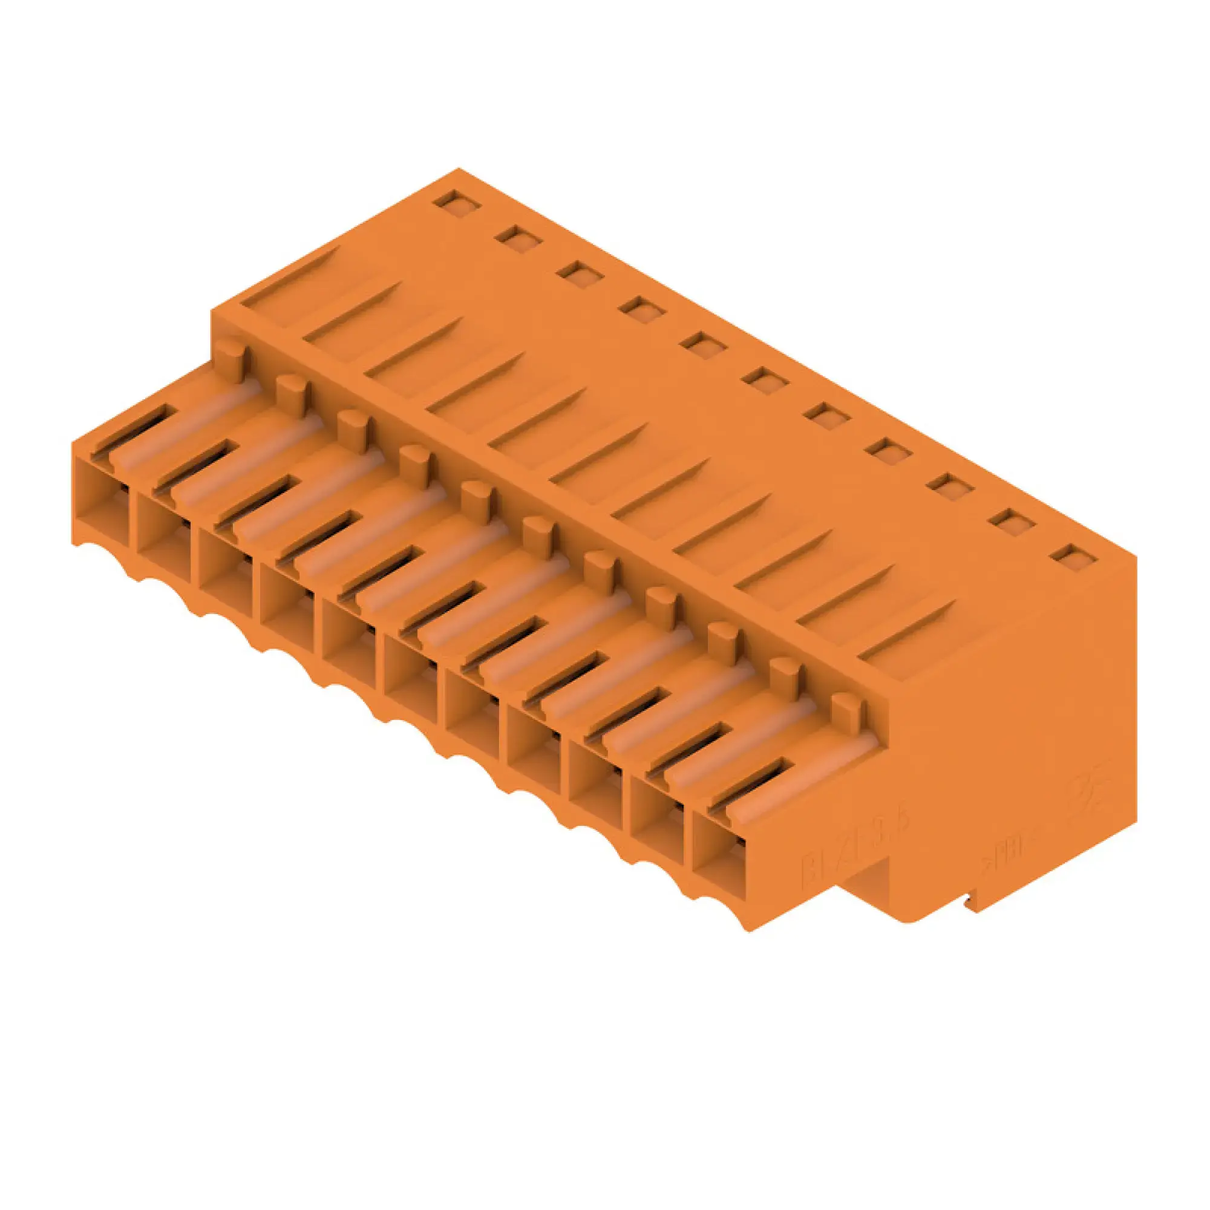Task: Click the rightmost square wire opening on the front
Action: click(x=719, y=870)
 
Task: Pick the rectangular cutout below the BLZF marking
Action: click(x=868, y=902)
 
